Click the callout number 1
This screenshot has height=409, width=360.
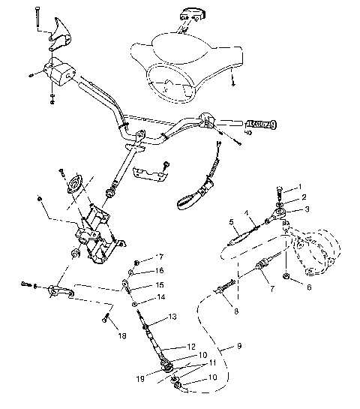pyautogui.click(x=300, y=186)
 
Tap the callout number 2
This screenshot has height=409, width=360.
pyautogui.click(x=303, y=197)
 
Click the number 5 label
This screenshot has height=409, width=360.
pyautogui.click(x=232, y=223)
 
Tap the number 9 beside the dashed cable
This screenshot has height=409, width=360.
pyautogui.click(x=238, y=347)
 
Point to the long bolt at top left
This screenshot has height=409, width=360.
pyautogui.click(x=36, y=19)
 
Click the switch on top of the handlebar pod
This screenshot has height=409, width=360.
pyautogui.click(x=190, y=14)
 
